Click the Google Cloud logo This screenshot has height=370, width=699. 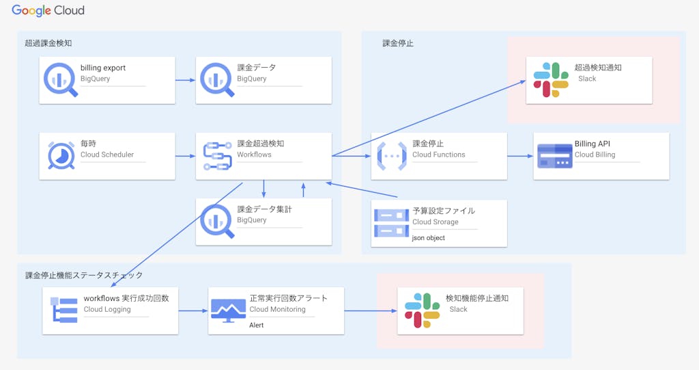click(x=48, y=12)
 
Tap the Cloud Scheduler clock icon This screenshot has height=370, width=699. click(x=61, y=155)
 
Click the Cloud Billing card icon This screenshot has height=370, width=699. click(x=554, y=156)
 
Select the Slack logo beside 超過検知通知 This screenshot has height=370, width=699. click(x=551, y=79)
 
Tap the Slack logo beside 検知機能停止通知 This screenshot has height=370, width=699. click(x=423, y=310)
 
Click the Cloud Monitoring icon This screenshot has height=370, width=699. click(x=228, y=310)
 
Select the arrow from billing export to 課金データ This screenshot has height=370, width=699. click(x=185, y=80)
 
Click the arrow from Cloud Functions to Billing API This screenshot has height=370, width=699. click(x=520, y=157)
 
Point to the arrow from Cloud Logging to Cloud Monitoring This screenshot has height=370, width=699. click(x=193, y=310)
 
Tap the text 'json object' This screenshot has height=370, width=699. click(x=429, y=238)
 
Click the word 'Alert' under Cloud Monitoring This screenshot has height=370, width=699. click(x=256, y=325)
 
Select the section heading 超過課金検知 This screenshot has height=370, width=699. click(x=48, y=43)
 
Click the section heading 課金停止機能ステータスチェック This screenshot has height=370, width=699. click(x=84, y=275)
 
